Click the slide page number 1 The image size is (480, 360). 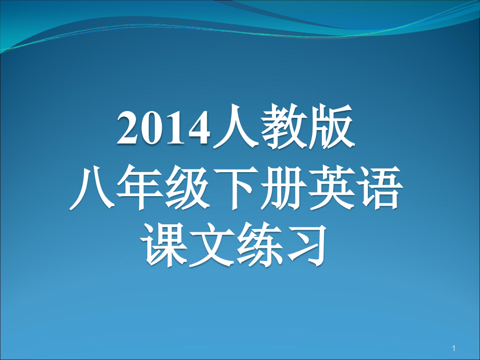tap(454, 348)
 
